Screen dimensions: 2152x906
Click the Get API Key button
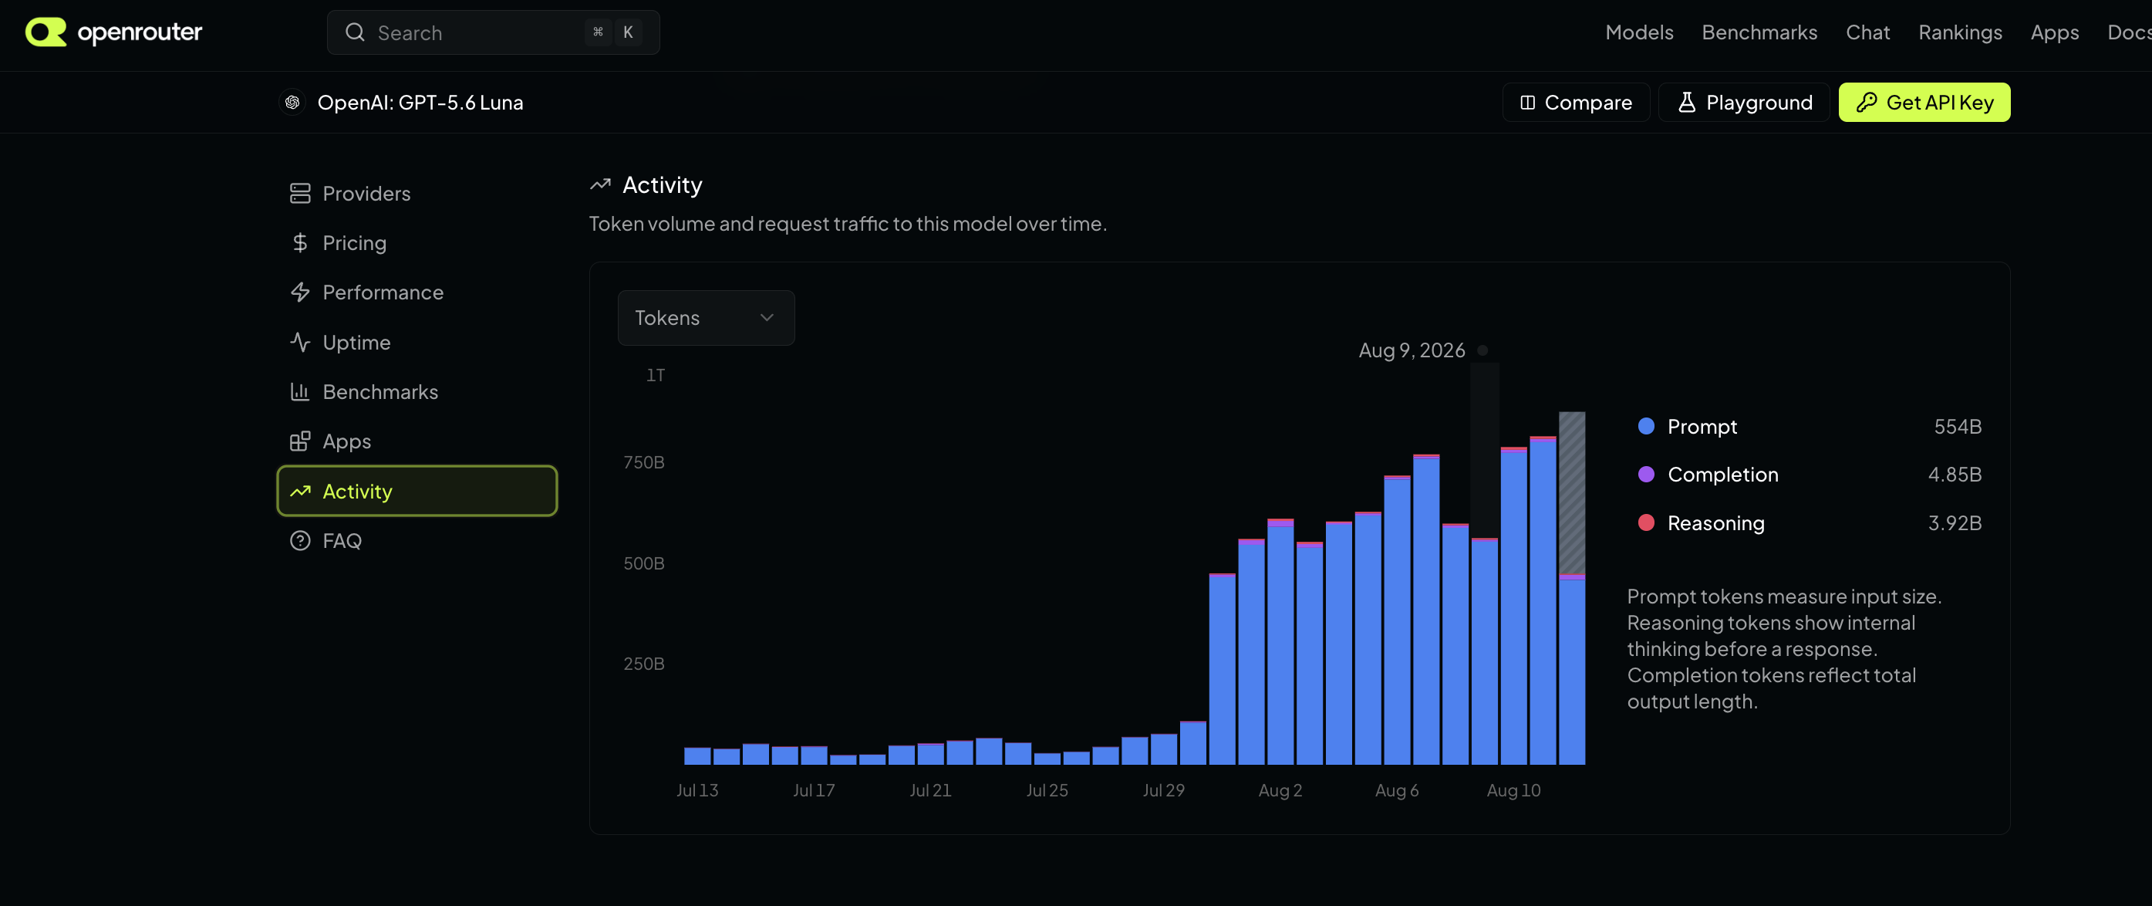[1924, 102]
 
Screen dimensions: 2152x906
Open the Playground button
[1743, 102]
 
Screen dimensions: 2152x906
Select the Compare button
[1576, 102]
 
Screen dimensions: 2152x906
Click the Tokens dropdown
[706, 318]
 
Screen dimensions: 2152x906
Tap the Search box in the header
[493, 32]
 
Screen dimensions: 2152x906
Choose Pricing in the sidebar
[354, 243]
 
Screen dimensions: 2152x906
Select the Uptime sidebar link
[356, 343]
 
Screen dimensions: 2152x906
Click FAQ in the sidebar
[342, 541]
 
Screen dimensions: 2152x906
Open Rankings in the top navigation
[1960, 32]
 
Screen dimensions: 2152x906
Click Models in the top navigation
[1639, 32]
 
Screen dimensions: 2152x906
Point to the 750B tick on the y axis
[644, 462]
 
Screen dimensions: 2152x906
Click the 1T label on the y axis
[655, 375]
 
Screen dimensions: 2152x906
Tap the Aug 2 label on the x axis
[1280, 789]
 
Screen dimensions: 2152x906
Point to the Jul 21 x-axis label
[929, 789]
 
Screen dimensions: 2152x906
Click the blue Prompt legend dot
[1646, 426]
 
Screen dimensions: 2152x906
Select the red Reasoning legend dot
[1646, 522]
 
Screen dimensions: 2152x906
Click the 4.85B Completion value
[1954, 475]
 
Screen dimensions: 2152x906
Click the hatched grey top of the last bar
[1571, 492]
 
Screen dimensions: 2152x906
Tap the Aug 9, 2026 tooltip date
[1411, 350]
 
